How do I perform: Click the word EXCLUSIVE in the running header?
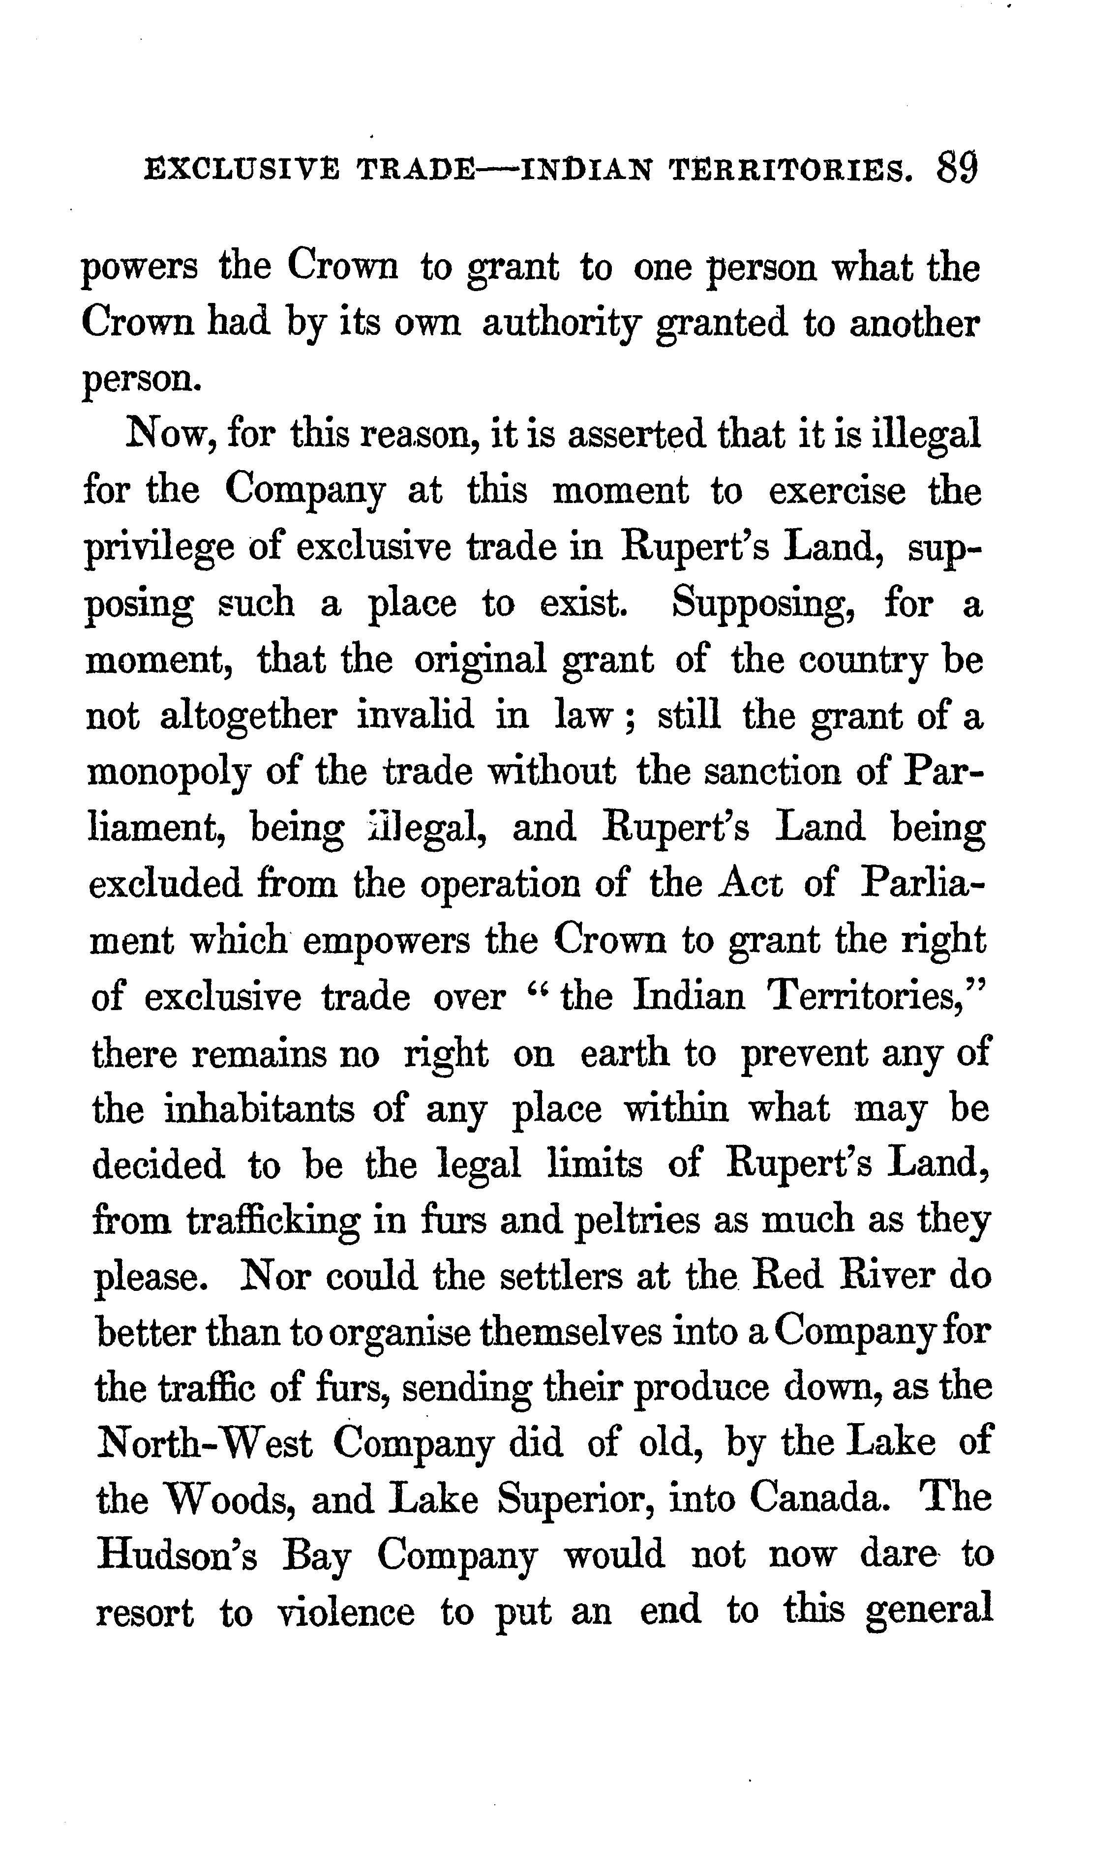(241, 172)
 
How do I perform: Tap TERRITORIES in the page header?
(791, 172)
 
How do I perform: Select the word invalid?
(416, 716)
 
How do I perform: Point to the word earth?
(624, 1053)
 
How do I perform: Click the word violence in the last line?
(346, 1613)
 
